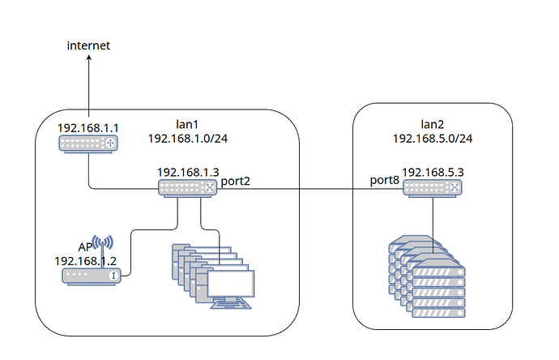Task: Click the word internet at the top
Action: click(88, 46)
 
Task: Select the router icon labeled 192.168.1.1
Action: click(88, 144)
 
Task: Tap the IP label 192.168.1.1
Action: click(87, 128)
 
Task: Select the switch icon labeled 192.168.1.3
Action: click(186, 188)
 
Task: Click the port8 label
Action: click(385, 180)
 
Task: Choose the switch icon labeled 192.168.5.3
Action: click(433, 188)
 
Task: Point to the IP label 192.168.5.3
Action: click(433, 173)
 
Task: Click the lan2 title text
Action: click(432, 122)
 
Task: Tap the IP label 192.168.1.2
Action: click(84, 260)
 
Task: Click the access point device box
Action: click(92, 276)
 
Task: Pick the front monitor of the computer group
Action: click(231, 285)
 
